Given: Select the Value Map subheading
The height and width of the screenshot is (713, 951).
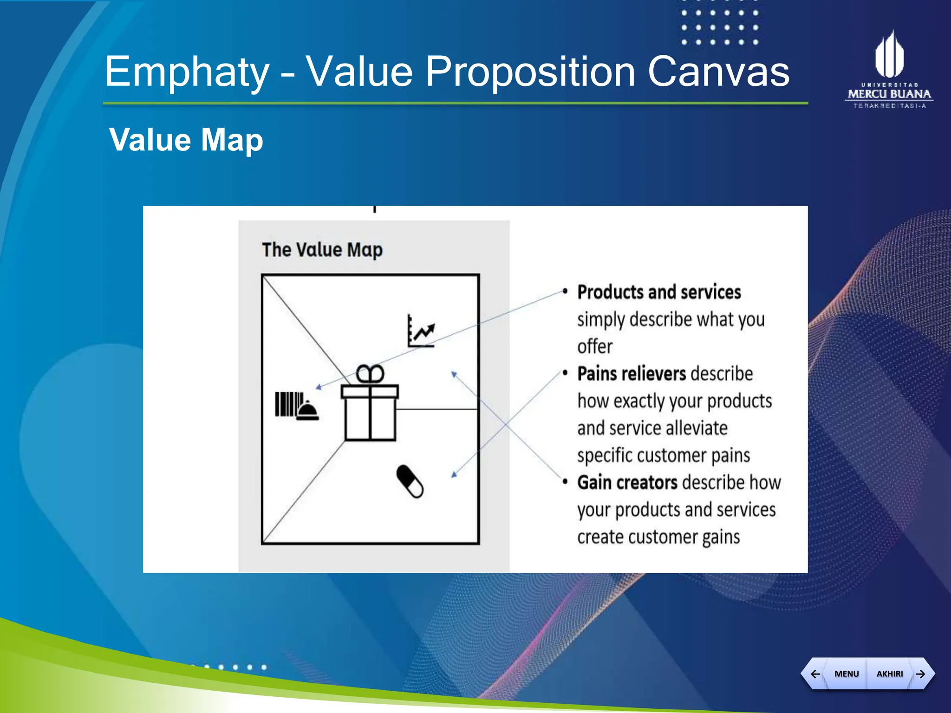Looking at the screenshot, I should [x=186, y=140].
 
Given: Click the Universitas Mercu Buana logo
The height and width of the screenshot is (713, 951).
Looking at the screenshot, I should [x=889, y=70].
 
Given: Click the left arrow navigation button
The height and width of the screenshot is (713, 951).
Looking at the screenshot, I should [x=815, y=674].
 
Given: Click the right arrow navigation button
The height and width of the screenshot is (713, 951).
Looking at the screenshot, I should [x=921, y=674].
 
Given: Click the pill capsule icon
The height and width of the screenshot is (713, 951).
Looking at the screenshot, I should [x=410, y=481].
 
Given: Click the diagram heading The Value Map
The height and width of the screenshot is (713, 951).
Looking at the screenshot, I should [x=322, y=250].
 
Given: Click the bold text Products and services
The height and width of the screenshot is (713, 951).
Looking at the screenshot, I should [x=659, y=292].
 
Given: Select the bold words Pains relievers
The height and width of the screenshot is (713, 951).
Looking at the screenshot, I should [x=632, y=374].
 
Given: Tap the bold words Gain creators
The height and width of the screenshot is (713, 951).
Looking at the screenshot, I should [x=627, y=483].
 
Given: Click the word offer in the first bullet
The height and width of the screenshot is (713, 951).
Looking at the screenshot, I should [x=595, y=347].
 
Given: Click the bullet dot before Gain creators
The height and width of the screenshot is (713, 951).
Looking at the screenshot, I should [x=565, y=482].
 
